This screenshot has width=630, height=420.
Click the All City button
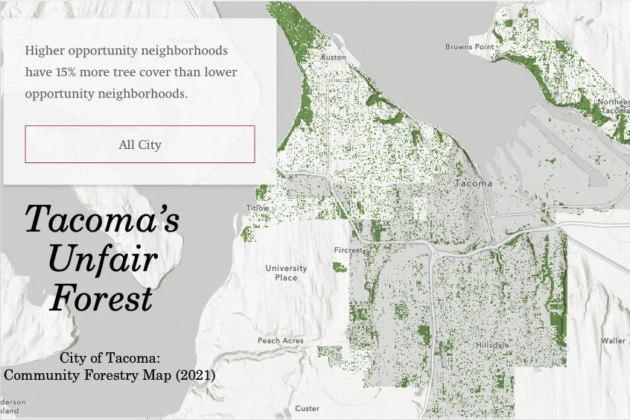(140, 144)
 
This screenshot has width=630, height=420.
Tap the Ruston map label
(333, 57)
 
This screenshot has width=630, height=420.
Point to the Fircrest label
(349, 250)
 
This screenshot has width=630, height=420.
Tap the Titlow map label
(258, 208)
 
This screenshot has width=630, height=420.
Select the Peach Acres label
(281, 340)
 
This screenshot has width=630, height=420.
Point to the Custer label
(307, 408)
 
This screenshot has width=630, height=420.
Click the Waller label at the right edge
(614, 340)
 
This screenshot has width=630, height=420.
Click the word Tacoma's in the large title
(102, 220)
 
